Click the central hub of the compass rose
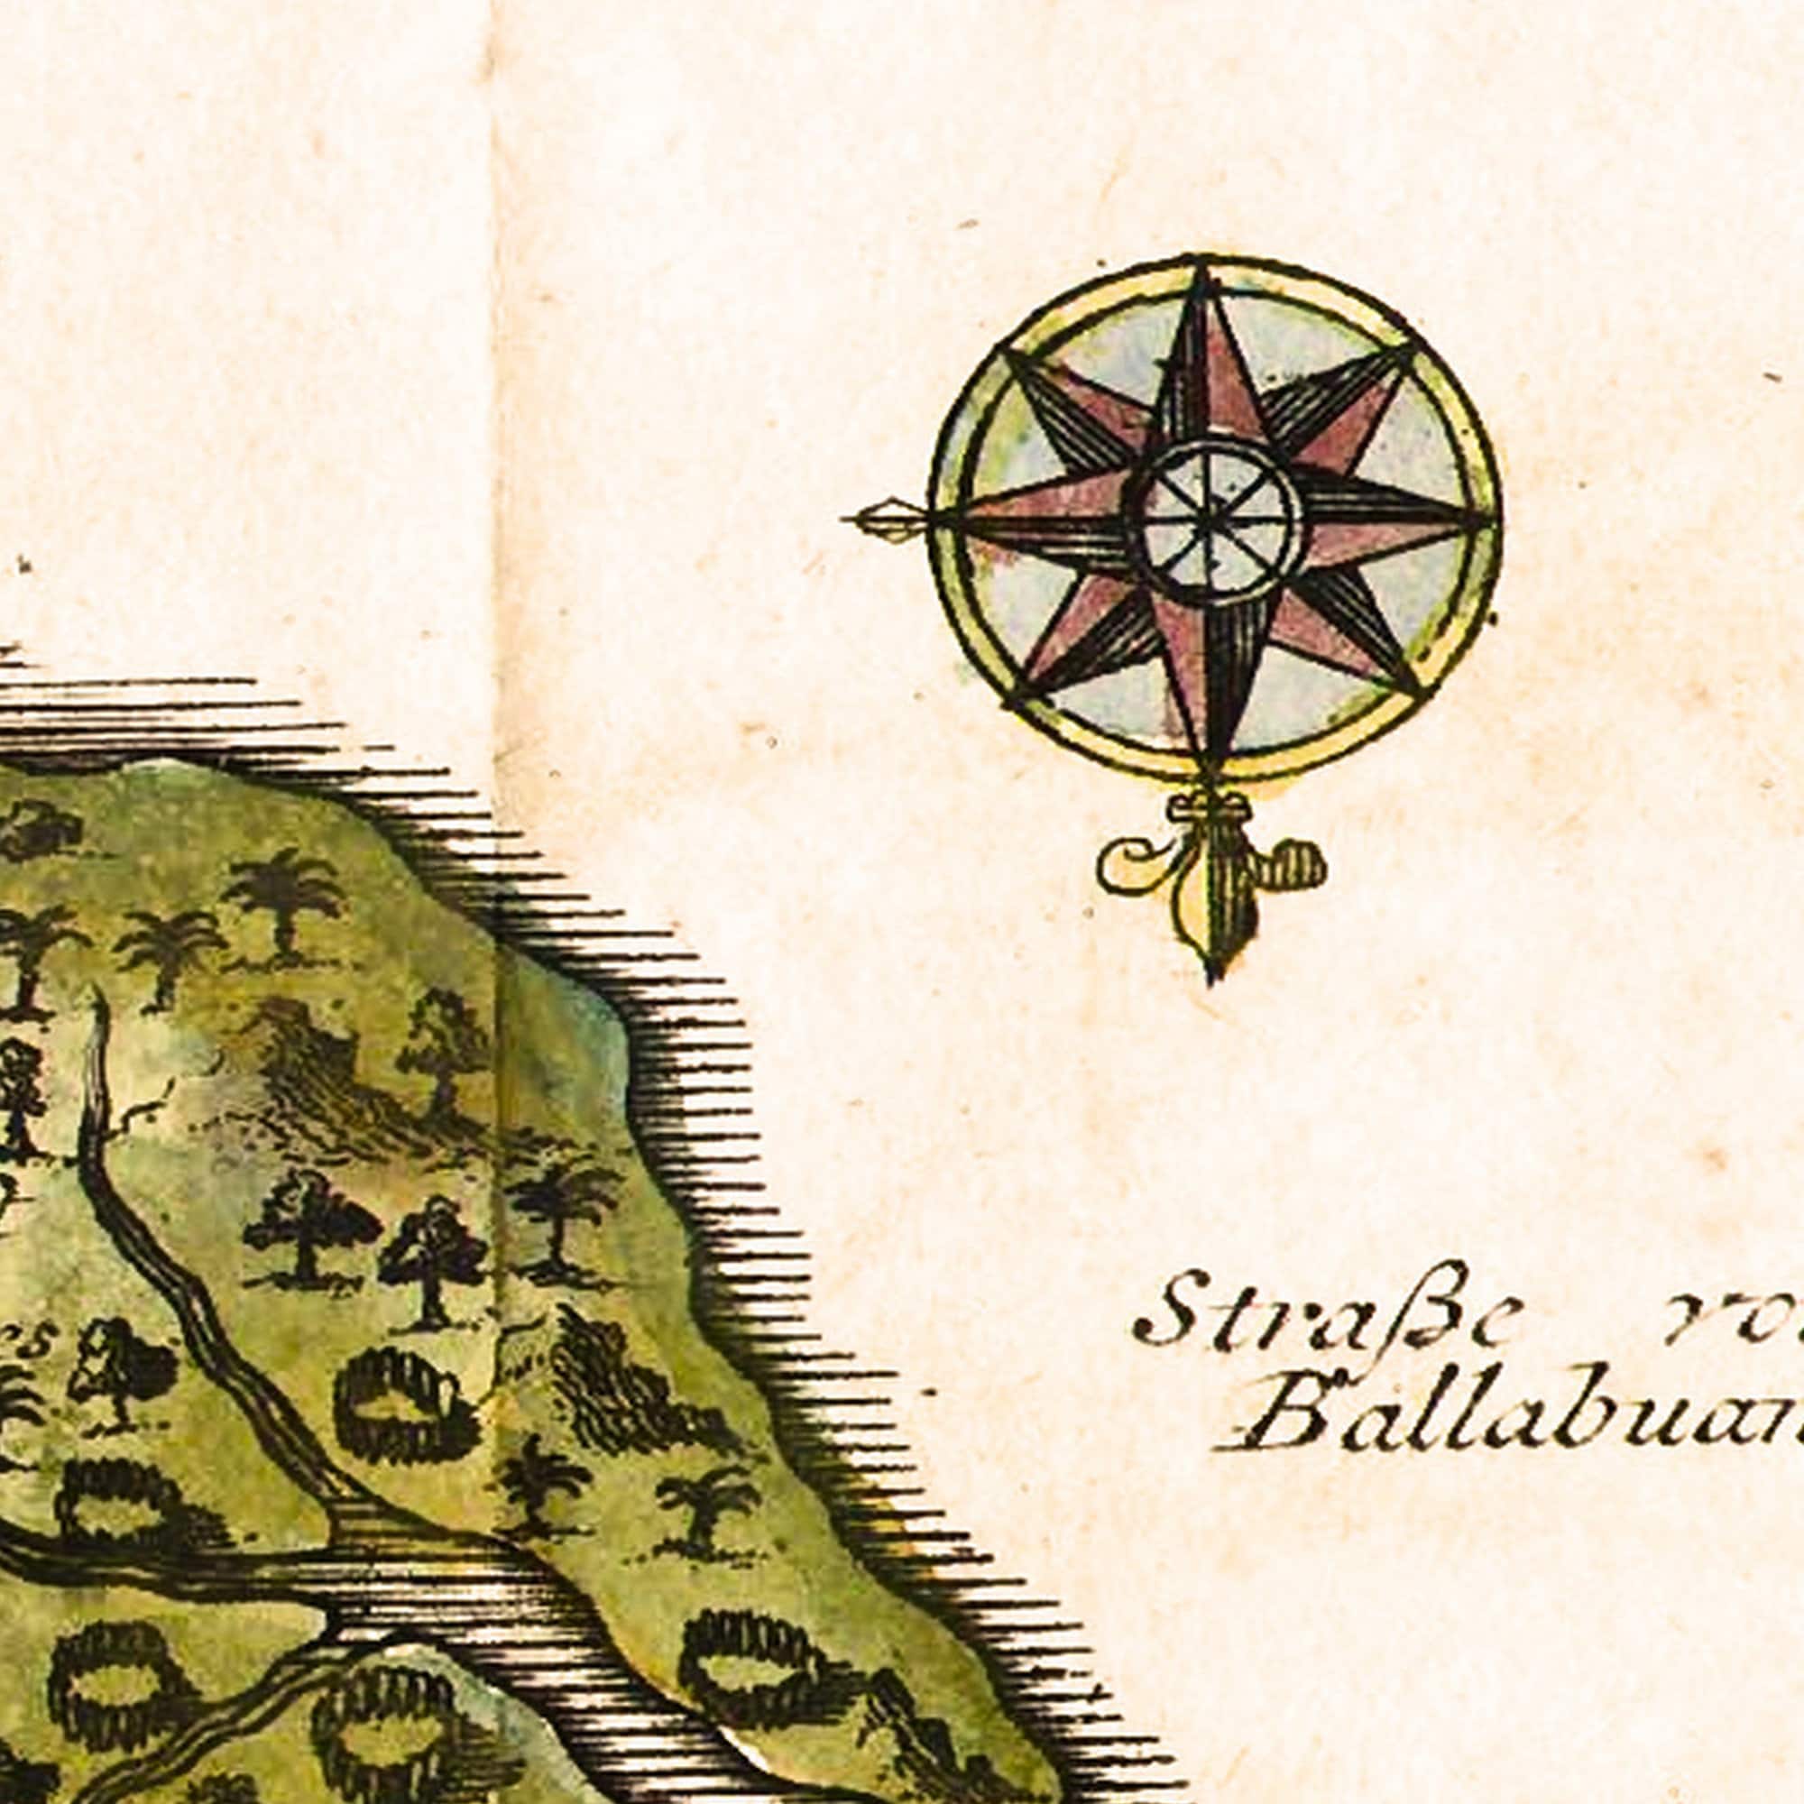(1216, 520)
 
